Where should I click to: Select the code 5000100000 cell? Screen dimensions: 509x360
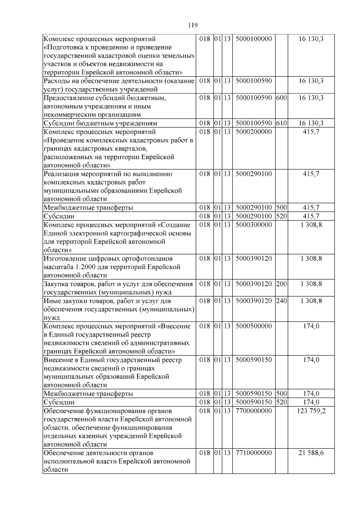click(x=253, y=39)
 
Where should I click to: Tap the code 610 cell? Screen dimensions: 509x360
click(x=281, y=123)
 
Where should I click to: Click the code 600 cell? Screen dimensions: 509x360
click(x=281, y=98)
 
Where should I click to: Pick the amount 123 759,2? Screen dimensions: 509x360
click(x=311, y=411)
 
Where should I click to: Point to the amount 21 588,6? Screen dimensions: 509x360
click(x=311, y=453)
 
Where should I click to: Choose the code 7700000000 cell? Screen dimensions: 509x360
click(x=253, y=411)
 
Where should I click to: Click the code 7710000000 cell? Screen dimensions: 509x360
click(x=253, y=453)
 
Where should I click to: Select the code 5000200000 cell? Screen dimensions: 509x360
click(x=253, y=132)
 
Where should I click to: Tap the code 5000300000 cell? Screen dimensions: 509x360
click(x=253, y=225)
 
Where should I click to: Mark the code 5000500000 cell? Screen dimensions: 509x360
click(x=253, y=326)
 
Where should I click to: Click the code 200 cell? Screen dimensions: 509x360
click(x=281, y=284)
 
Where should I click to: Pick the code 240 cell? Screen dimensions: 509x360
click(x=281, y=301)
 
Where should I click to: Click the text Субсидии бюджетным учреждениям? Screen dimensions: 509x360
click(x=100, y=123)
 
